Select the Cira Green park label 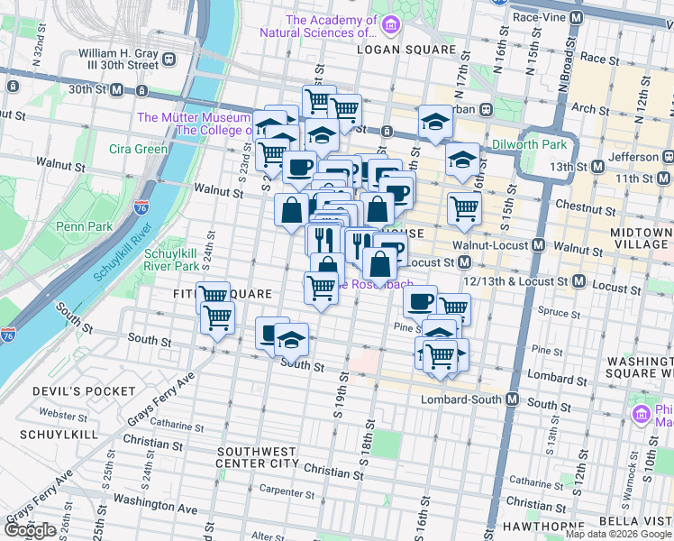pos(138,149)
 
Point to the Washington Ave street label pos(156,509)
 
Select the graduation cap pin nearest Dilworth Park pos(462,159)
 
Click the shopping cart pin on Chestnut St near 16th pos(464,207)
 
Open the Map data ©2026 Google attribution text pos(618,534)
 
